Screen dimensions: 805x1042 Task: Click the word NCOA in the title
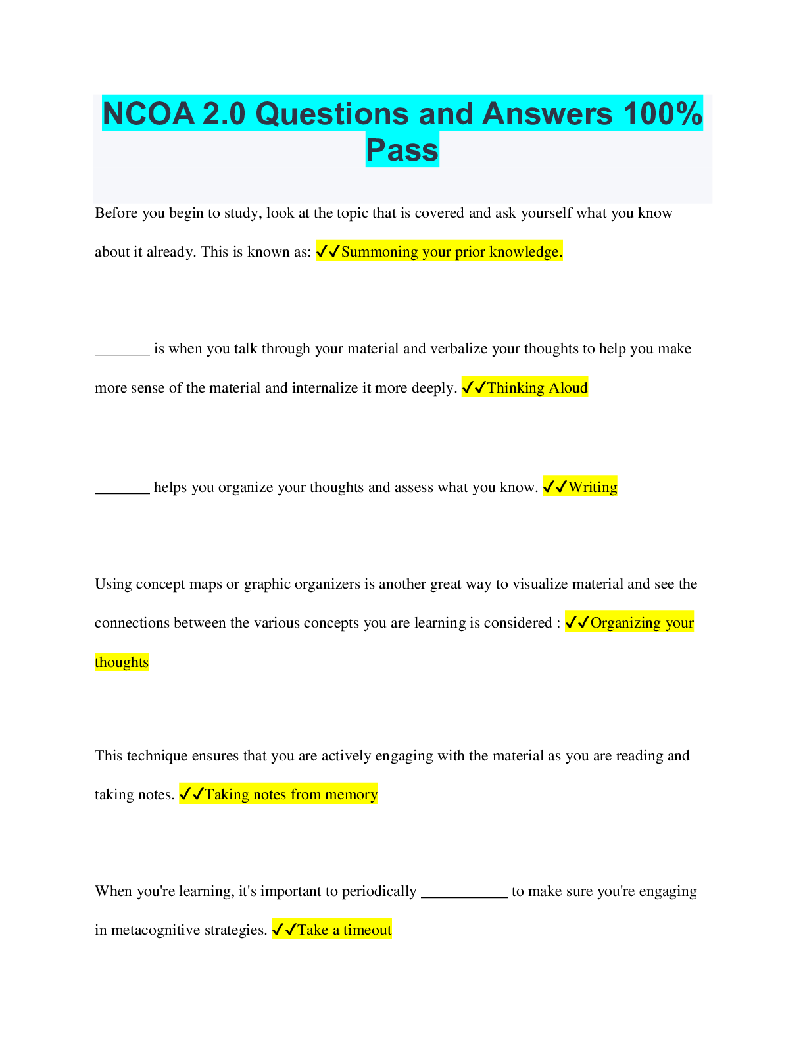point(149,114)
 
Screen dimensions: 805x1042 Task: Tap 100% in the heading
point(662,114)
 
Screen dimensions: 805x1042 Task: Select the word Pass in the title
point(402,150)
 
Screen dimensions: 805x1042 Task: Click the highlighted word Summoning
point(379,252)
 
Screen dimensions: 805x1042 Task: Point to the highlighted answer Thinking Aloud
point(537,387)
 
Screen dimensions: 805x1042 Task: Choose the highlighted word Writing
point(593,487)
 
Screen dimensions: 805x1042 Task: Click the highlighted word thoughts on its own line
point(122,662)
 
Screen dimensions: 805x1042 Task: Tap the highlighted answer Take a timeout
point(344,930)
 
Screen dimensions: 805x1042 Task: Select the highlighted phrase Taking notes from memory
point(291,795)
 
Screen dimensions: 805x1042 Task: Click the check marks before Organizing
point(577,622)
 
